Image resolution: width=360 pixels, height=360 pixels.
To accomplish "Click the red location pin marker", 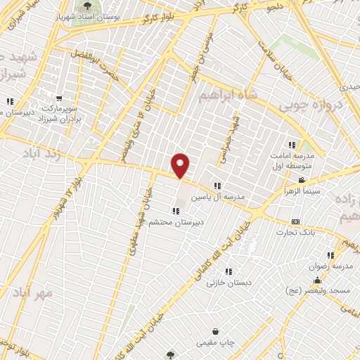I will click(x=181, y=165).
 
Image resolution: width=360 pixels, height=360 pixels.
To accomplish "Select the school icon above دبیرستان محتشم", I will click(x=175, y=211).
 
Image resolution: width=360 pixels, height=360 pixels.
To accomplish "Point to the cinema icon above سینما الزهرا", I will click(x=302, y=181).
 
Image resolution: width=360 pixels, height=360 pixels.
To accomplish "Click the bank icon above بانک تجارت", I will click(x=295, y=221).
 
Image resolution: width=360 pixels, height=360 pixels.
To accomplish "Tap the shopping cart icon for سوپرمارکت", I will click(x=59, y=99).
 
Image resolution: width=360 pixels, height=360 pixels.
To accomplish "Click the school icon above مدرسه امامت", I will click(x=292, y=145).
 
